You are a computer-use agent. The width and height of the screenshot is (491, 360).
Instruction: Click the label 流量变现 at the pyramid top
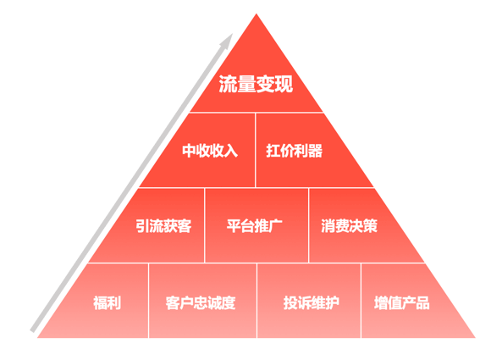click(256, 84)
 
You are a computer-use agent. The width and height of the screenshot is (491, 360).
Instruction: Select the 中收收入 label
click(210, 151)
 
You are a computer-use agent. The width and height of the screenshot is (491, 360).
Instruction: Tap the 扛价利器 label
click(294, 151)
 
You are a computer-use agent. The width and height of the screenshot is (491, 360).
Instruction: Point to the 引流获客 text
click(163, 225)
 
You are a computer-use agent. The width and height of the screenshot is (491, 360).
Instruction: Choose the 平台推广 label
click(254, 225)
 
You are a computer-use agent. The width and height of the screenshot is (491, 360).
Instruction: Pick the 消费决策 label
click(349, 225)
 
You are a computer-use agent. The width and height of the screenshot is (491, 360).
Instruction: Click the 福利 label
click(108, 302)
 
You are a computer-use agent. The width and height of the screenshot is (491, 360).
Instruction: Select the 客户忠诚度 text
click(201, 302)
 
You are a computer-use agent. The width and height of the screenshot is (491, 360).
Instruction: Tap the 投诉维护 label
click(312, 302)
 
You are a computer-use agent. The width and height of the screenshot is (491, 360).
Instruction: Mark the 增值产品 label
click(402, 302)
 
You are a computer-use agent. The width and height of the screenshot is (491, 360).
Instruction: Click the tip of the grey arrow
click(232, 34)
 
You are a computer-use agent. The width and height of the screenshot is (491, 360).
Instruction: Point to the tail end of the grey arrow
click(32, 331)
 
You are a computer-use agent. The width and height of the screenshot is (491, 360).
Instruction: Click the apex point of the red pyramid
click(257, 14)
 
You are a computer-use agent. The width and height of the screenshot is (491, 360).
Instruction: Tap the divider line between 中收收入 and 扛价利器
click(256, 150)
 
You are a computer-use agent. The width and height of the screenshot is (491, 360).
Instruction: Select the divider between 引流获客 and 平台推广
click(205, 225)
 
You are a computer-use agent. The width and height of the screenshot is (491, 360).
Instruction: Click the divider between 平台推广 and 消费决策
click(309, 225)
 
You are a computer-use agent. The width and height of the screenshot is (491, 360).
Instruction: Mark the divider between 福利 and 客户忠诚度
click(148, 301)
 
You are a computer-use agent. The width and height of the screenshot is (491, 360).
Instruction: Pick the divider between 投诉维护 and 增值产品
click(361, 301)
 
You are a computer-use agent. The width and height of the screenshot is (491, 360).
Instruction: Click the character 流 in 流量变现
click(228, 84)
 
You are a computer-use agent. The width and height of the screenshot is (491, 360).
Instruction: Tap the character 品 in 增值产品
click(422, 302)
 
